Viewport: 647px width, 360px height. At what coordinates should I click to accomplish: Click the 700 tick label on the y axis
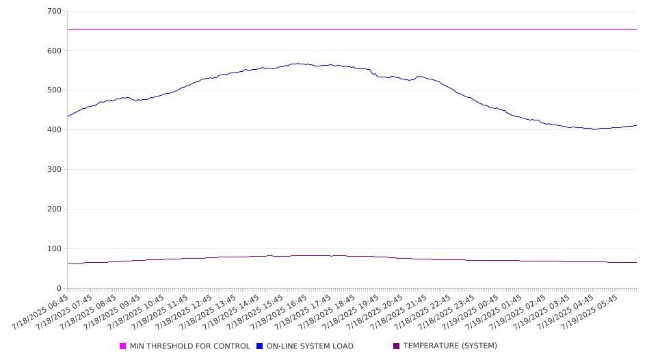(x=55, y=11)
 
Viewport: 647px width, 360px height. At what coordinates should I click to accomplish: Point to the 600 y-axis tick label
(x=55, y=51)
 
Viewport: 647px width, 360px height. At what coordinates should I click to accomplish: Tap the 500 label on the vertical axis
(x=55, y=90)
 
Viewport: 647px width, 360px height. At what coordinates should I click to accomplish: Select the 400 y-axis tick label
(x=55, y=129)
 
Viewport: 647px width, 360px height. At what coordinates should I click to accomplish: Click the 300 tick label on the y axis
(x=55, y=169)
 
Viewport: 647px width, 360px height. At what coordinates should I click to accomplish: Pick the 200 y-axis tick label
(x=55, y=209)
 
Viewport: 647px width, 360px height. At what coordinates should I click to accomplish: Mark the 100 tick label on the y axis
(x=55, y=248)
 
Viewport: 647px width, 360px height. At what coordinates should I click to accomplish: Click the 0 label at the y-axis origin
(x=59, y=288)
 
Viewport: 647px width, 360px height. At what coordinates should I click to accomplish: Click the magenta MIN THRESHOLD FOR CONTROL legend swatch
(x=122, y=346)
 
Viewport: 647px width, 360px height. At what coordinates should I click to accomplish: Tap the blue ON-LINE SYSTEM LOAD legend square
(x=259, y=346)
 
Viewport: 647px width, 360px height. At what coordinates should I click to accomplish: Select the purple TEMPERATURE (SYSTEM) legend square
(x=397, y=346)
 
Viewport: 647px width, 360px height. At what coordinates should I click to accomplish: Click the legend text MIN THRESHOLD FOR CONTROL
(x=190, y=346)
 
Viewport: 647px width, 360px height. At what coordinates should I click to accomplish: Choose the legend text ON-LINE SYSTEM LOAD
(x=310, y=346)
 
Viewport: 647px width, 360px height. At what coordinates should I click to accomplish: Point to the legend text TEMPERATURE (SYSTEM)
(x=450, y=346)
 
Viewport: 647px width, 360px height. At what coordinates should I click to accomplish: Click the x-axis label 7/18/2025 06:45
(x=40, y=312)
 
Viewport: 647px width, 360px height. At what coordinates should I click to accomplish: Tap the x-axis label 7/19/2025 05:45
(x=590, y=312)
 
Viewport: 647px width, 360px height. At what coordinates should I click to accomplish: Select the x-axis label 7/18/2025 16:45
(x=279, y=312)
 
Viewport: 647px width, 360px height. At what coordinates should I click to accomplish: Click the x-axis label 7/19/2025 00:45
(x=470, y=312)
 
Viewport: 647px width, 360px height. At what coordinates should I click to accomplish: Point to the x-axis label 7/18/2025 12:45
(x=183, y=312)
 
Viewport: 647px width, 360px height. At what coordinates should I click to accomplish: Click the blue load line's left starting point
(x=68, y=117)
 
